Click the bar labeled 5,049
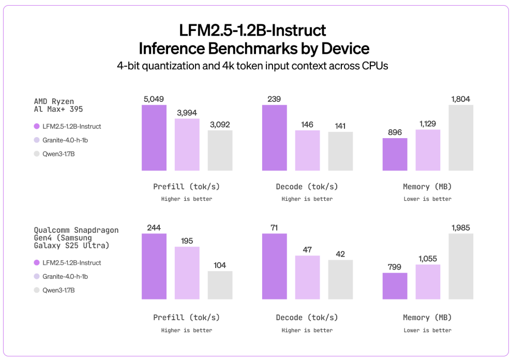click(x=154, y=138)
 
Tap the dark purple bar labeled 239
click(x=275, y=138)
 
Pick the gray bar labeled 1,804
click(x=461, y=138)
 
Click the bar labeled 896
click(x=395, y=154)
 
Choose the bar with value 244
click(x=154, y=266)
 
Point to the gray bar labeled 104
click(x=220, y=285)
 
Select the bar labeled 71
click(x=275, y=266)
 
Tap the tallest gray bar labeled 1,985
click(x=461, y=266)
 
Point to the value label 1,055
click(x=428, y=258)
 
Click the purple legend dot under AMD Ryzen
click(x=37, y=126)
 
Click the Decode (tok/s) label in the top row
click(x=307, y=187)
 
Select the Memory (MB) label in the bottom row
click(x=427, y=318)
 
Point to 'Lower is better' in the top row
click(x=427, y=199)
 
